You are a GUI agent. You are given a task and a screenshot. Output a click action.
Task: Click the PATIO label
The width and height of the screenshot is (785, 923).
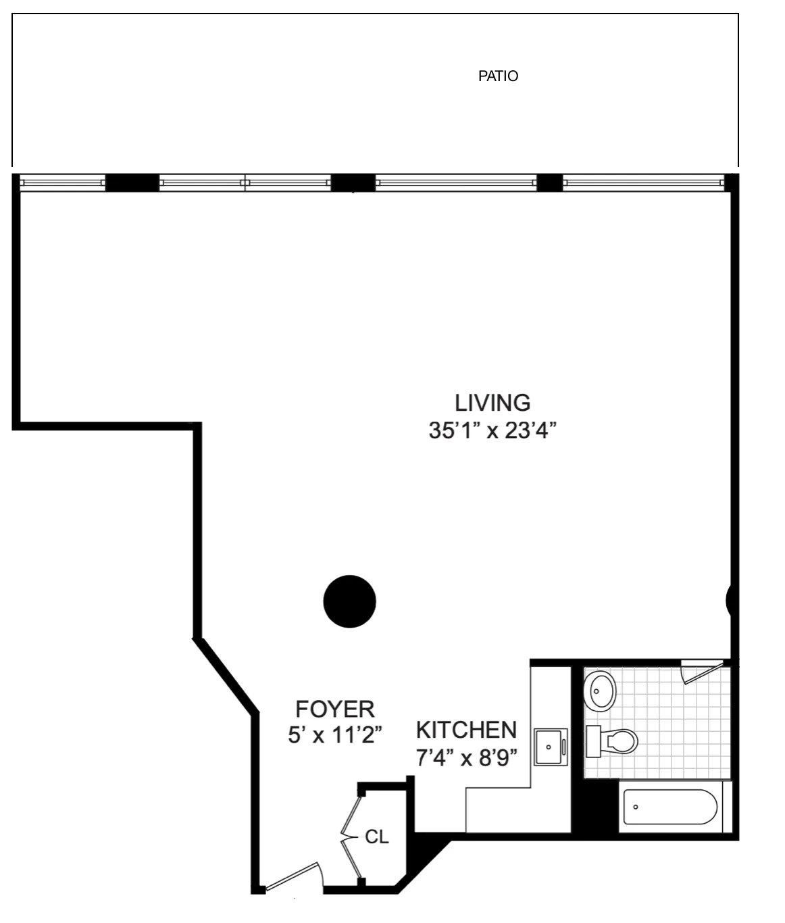(498, 76)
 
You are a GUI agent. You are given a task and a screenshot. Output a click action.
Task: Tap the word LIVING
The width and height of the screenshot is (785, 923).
(492, 403)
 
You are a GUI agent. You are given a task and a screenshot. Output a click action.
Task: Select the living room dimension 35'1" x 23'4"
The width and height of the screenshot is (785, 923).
(492, 430)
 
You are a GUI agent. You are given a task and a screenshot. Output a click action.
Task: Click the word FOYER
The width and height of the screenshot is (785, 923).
(335, 709)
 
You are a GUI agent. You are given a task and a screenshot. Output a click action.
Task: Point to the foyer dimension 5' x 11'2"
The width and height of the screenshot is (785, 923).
(335, 734)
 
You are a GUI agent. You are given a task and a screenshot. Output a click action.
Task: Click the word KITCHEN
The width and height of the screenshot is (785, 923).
(466, 730)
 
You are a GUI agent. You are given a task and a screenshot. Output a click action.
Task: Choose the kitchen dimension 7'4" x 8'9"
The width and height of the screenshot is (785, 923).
(466, 758)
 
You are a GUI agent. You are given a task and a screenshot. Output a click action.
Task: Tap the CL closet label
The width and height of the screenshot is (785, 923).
(376, 837)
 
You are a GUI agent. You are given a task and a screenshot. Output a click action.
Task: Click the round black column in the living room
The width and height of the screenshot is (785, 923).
(350, 601)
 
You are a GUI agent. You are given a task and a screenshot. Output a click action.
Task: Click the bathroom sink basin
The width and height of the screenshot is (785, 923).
(600, 691)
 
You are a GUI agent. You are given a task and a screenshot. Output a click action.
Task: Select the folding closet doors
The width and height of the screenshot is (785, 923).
(351, 838)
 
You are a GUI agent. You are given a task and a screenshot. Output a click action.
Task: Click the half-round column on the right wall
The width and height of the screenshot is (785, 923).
(730, 600)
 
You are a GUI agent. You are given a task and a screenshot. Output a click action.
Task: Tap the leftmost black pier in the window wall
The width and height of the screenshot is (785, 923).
(132, 182)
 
